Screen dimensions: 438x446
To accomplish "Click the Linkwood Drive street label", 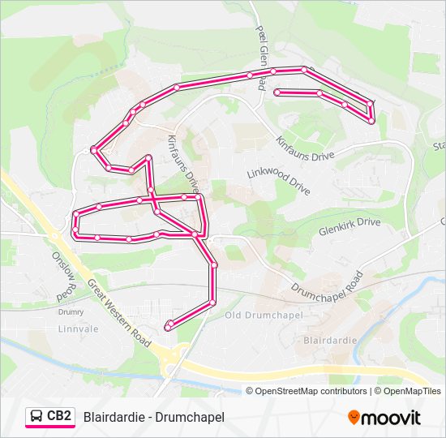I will [x=279, y=182].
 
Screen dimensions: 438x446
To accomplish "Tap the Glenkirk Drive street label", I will [x=350, y=222].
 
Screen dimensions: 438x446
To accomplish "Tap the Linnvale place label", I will [x=77, y=328].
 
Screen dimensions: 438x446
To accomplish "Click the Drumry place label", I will [x=71, y=311].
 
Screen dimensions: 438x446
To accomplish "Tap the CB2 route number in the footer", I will [x=59, y=416].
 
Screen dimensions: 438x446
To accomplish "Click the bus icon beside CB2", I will [x=36, y=417].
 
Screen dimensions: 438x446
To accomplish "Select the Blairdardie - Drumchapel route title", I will [x=153, y=417].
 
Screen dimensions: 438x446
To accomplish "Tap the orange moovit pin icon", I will [x=354, y=418].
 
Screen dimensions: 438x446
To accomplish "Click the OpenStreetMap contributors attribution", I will [x=307, y=391].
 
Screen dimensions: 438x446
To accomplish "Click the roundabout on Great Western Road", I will [x=169, y=357].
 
